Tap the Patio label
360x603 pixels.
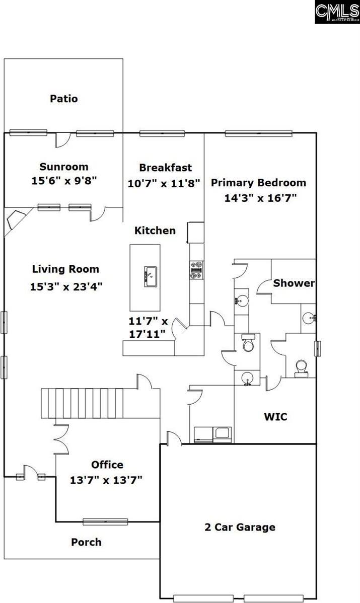(64, 99)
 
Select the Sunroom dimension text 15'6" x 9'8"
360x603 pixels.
(64, 180)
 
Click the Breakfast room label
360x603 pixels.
(165, 168)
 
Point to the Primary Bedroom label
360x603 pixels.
(258, 183)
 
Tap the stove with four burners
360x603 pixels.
(196, 269)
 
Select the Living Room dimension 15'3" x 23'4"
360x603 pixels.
(66, 287)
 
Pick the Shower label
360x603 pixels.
(294, 283)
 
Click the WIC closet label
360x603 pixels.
(275, 417)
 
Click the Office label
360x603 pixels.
(107, 465)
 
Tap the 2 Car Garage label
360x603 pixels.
(240, 527)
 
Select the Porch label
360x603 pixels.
(86, 542)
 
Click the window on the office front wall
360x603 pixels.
(105, 521)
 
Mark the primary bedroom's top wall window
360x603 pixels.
(259, 133)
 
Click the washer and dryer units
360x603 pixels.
(212, 434)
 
